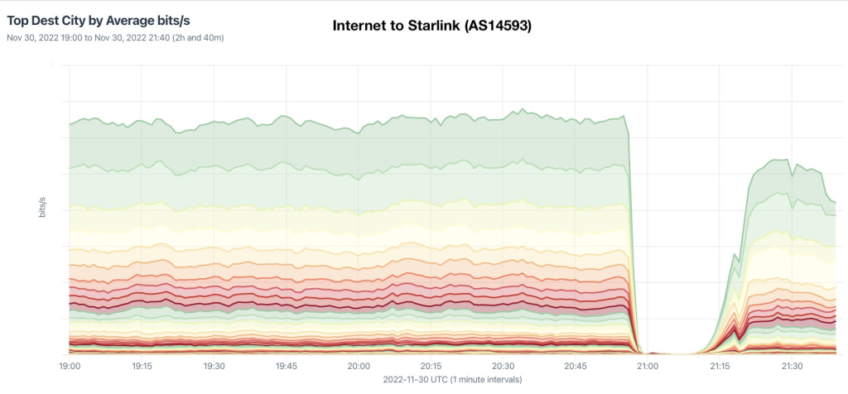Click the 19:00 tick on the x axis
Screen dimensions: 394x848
[70, 365]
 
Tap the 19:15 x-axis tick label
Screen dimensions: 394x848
[142, 365]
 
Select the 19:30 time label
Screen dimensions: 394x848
[214, 365]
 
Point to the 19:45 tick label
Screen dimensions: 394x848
[287, 365]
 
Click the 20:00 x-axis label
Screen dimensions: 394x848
[359, 365]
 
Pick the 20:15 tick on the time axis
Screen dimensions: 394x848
[431, 365]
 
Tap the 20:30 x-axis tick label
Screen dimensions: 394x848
[503, 365]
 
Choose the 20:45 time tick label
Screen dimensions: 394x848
[576, 365]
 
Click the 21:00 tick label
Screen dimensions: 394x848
[648, 365]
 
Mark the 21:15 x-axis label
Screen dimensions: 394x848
[720, 365]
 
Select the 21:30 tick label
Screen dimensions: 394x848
[792, 365]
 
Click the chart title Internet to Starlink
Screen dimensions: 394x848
[431, 26]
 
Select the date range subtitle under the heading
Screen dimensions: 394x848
[116, 37]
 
